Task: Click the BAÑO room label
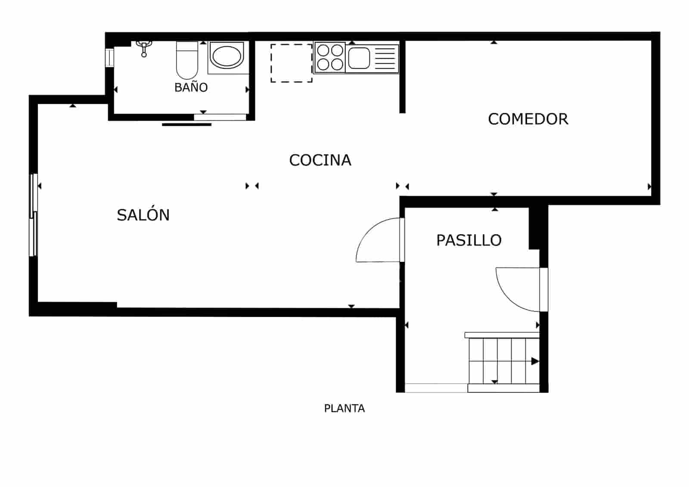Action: (191, 87)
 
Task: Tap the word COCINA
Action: (320, 160)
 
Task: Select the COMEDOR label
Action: (528, 119)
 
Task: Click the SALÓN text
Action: (143, 215)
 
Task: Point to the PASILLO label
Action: (469, 240)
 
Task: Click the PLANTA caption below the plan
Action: (344, 408)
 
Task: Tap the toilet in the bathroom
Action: (187, 60)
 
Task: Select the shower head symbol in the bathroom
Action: (144, 47)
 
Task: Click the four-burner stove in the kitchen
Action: (330, 58)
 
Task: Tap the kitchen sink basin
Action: (359, 58)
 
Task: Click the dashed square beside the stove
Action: (292, 63)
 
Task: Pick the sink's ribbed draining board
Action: (385, 58)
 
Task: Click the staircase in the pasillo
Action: (503, 361)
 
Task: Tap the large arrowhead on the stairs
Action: (535, 361)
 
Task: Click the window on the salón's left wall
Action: (33, 214)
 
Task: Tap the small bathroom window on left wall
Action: (110, 58)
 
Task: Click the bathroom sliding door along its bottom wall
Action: (220, 117)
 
